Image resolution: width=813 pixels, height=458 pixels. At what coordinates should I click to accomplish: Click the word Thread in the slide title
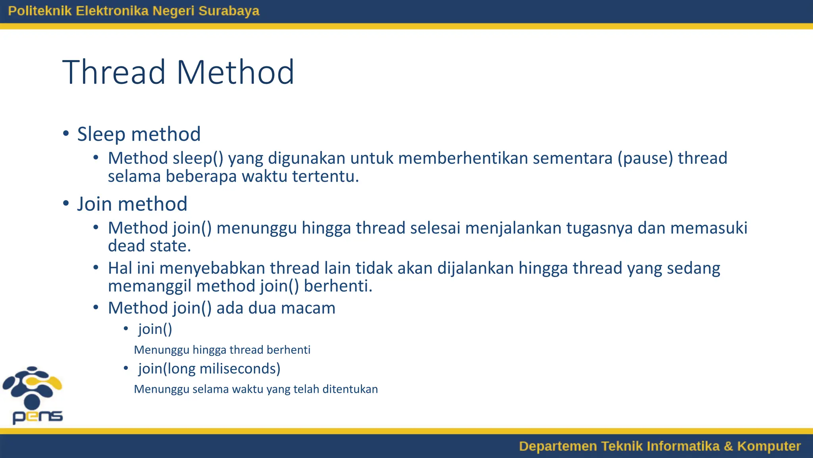pyautogui.click(x=114, y=72)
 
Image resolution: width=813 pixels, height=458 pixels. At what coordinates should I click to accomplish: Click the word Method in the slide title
pyautogui.click(x=235, y=72)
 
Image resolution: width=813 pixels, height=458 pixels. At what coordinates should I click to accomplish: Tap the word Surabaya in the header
pyautogui.click(x=229, y=11)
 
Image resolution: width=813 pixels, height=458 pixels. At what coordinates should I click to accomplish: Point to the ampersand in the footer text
pyautogui.click(x=728, y=446)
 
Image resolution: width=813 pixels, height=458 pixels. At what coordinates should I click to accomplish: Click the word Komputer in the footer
pyautogui.click(x=769, y=446)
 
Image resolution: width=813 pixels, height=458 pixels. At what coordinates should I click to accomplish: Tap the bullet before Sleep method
pyautogui.click(x=66, y=133)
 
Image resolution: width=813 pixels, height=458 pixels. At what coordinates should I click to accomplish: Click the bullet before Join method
pyautogui.click(x=66, y=203)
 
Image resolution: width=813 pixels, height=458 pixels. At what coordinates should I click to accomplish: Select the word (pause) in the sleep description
pyautogui.click(x=645, y=158)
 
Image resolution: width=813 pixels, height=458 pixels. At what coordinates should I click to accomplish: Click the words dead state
pyautogui.click(x=149, y=246)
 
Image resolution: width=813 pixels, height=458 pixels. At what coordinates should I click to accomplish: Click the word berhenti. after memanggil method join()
pyautogui.click(x=338, y=286)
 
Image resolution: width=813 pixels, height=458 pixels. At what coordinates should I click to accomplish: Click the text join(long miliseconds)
pyautogui.click(x=209, y=369)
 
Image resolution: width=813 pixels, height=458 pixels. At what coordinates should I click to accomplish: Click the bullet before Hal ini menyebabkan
pyautogui.click(x=96, y=268)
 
